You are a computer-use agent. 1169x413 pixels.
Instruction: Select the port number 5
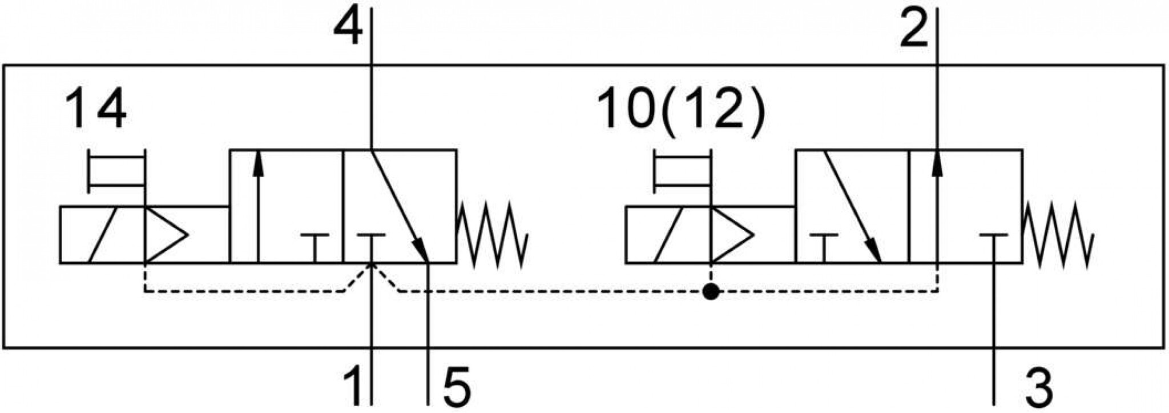click(x=457, y=387)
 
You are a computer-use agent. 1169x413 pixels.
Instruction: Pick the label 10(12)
click(x=680, y=110)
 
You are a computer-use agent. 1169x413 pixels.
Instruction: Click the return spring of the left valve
click(x=493, y=234)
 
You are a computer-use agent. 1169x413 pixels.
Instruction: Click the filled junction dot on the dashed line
click(x=711, y=292)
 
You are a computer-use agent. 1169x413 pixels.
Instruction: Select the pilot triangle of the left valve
click(x=166, y=235)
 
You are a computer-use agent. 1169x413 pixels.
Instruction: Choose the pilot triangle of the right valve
click(x=732, y=235)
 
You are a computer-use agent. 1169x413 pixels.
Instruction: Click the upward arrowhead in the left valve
click(x=258, y=161)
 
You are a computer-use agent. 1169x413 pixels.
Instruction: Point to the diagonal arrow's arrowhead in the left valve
click(x=421, y=250)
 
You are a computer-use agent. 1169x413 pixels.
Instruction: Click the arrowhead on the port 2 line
click(x=937, y=161)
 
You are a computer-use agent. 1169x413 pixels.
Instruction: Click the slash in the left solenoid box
click(x=103, y=235)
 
